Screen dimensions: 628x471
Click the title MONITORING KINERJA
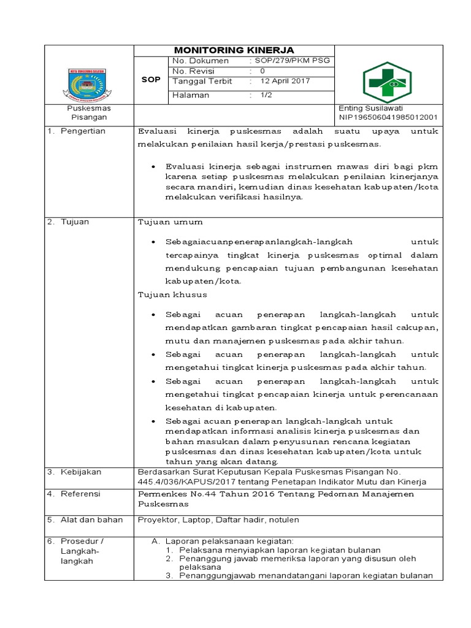click(234, 50)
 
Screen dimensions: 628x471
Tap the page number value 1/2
click(267, 95)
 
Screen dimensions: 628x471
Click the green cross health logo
click(388, 82)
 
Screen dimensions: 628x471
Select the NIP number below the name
click(388, 117)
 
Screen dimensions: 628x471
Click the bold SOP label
click(150, 80)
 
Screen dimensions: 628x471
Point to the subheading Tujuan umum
click(170, 222)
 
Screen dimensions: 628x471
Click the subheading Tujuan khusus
click(172, 294)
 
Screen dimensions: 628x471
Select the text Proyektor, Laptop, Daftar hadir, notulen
click(218, 520)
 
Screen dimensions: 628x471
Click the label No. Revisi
click(195, 71)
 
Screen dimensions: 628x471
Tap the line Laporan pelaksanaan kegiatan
click(231, 541)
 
